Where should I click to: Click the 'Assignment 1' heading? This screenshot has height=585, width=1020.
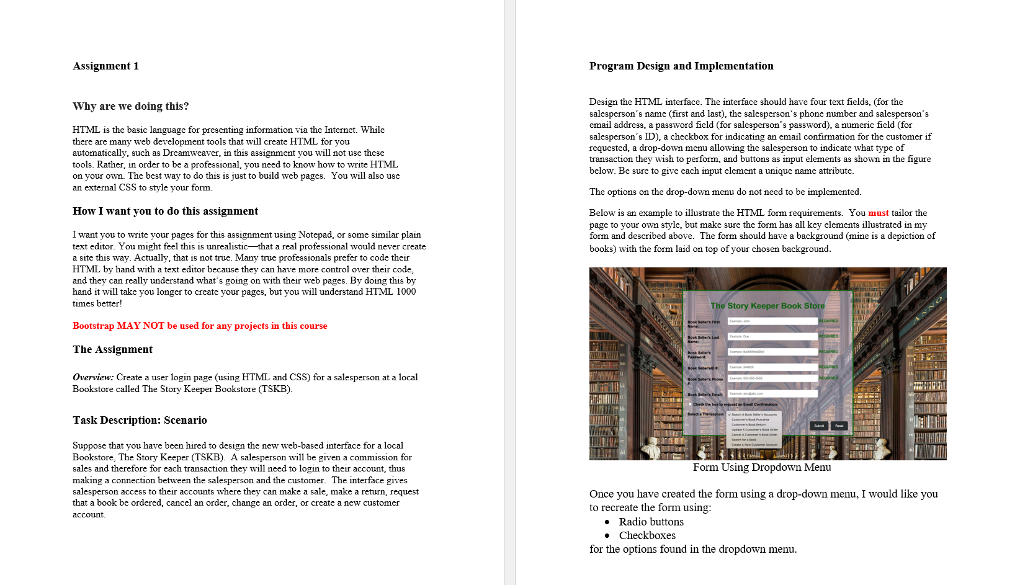[x=105, y=66]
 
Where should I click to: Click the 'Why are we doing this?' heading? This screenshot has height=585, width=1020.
[x=130, y=106]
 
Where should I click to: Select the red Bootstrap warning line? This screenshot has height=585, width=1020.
[x=200, y=326]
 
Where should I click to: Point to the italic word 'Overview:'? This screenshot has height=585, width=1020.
[x=93, y=377]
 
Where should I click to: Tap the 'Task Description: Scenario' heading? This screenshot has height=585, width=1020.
[x=140, y=420]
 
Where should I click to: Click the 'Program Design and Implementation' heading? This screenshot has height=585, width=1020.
[x=681, y=66]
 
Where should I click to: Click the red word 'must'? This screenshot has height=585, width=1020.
[x=878, y=213]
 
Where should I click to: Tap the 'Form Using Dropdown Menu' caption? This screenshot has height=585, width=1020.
[x=762, y=467]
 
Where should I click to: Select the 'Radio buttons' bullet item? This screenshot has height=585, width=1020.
[x=651, y=522]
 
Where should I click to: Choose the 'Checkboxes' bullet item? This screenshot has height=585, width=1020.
[x=647, y=535]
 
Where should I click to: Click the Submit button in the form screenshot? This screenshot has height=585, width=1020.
[x=819, y=426]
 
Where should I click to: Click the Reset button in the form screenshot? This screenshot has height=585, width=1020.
[x=839, y=426]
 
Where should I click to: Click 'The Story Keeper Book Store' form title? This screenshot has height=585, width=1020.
[x=767, y=306]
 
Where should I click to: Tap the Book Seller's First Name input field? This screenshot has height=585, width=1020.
[x=772, y=321]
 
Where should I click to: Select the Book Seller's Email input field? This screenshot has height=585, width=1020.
[x=772, y=394]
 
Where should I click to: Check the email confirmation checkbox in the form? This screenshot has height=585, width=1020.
[x=690, y=404]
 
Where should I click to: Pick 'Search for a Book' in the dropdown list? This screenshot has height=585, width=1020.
[x=744, y=440]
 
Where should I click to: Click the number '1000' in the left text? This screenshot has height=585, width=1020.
[x=406, y=292]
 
